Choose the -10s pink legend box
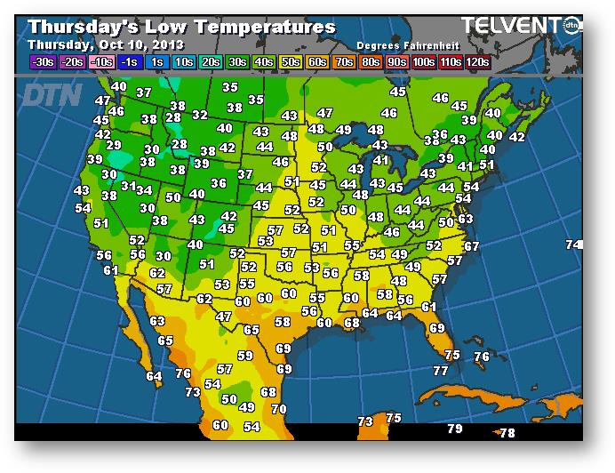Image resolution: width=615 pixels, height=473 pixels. pyautogui.click(x=102, y=61)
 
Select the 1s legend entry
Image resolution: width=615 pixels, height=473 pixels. pyautogui.click(x=158, y=61)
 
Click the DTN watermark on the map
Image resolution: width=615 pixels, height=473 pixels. pyautogui.click(x=52, y=94)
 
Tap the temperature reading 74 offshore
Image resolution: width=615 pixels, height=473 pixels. pyautogui.click(x=574, y=245)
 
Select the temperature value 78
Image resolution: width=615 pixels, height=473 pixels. pyautogui.click(x=507, y=433)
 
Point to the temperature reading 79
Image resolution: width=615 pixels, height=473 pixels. pyautogui.click(x=455, y=429)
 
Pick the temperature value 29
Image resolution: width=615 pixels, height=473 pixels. pyautogui.click(x=113, y=145)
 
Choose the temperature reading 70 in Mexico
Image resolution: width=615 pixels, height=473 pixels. pyautogui.click(x=279, y=409)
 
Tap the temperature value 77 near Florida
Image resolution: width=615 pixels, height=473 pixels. pyautogui.click(x=441, y=370)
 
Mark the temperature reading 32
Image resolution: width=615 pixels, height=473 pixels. pyautogui.click(x=200, y=115)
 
